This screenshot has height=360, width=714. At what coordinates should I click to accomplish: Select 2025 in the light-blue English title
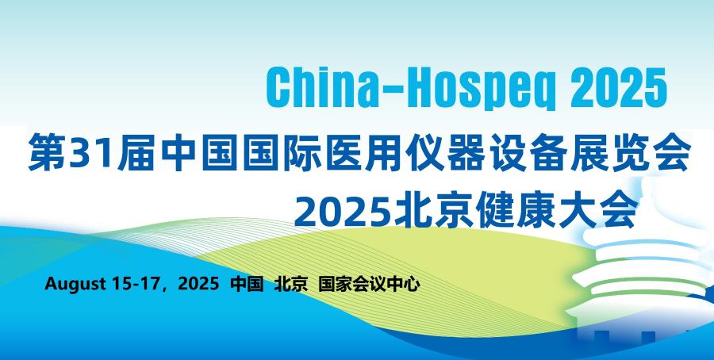pos(618,88)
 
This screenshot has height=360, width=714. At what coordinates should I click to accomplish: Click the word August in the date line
pos(75,285)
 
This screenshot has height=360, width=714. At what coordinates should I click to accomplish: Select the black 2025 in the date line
pos(198,284)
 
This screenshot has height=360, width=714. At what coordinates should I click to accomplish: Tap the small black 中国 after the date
pos(248,284)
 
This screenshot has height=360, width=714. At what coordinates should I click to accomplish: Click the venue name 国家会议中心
pos(369,284)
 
